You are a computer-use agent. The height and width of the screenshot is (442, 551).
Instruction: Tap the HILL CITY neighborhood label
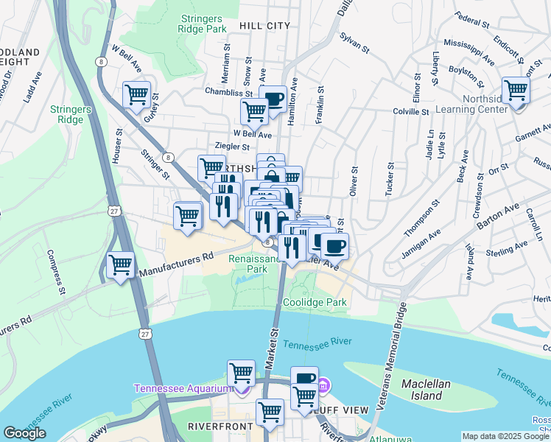click(264, 26)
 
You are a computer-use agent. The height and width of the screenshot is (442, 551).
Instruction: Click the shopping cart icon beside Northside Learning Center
click(516, 91)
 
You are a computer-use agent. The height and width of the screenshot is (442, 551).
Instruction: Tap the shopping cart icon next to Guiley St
click(137, 95)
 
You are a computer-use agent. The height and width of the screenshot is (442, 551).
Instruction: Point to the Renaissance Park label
click(255, 264)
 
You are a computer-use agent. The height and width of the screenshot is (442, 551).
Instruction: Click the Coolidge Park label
click(315, 303)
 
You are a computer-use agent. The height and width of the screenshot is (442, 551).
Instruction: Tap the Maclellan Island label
click(432, 390)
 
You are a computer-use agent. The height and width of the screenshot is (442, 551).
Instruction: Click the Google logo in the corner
click(24, 433)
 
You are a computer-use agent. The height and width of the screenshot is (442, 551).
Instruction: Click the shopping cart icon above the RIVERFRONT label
click(270, 412)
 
